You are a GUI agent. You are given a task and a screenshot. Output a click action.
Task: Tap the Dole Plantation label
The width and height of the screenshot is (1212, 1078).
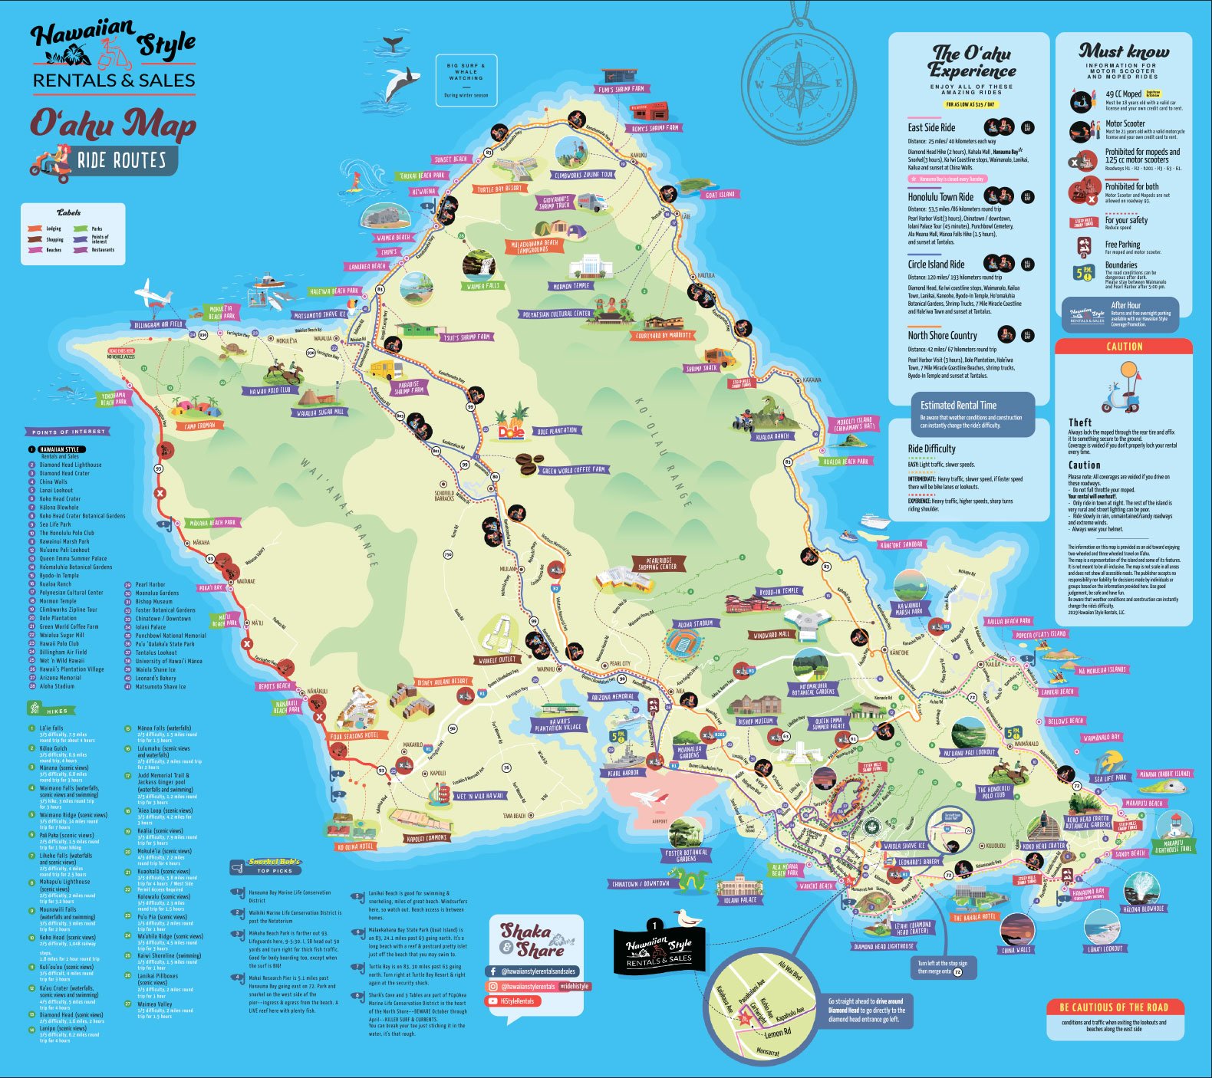click(557, 431)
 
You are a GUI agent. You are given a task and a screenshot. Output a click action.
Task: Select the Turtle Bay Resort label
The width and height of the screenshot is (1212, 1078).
click(499, 189)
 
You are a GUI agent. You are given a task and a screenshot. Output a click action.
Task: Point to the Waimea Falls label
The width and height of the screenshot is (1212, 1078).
click(482, 286)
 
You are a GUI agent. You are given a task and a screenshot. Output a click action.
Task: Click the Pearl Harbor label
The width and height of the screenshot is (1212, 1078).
click(624, 774)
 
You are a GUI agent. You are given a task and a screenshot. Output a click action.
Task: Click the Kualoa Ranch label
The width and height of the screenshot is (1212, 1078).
click(772, 437)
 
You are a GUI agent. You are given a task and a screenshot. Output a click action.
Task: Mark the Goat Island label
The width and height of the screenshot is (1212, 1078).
click(720, 195)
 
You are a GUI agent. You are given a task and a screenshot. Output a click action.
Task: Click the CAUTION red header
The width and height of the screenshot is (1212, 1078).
click(1124, 347)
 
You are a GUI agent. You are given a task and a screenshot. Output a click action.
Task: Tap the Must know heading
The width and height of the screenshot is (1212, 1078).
click(1124, 52)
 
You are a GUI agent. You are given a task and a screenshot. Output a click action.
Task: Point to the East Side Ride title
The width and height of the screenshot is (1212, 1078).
click(931, 128)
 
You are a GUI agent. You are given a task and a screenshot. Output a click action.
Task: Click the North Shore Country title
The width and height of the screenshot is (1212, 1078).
click(942, 335)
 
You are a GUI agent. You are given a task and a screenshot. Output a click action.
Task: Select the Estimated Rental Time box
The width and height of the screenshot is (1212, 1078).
click(971, 414)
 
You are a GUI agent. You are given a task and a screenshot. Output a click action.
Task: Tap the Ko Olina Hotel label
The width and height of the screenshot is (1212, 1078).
click(355, 846)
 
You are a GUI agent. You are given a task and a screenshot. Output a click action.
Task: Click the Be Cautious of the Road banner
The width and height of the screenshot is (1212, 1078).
click(1114, 1007)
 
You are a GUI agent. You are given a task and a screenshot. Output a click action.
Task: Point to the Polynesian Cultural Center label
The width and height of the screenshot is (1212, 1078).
click(557, 314)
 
